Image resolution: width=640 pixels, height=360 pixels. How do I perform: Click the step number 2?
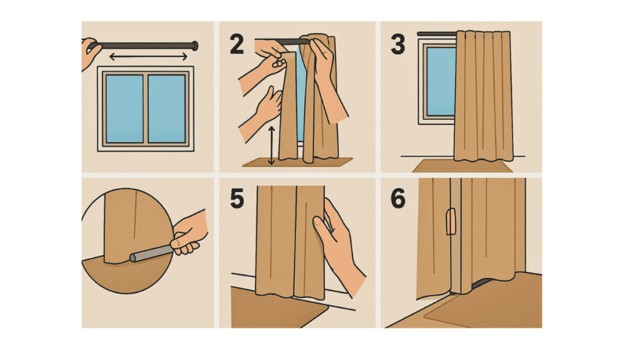tap(237, 44)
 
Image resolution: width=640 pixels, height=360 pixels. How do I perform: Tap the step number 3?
tap(398, 44)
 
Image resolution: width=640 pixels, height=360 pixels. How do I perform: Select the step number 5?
tap(237, 199)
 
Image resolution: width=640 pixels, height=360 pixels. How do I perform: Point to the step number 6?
tap(398, 199)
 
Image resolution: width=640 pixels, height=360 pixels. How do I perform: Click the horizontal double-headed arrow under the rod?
tap(148, 57)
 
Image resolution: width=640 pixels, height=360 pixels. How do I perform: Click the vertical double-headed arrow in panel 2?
tap(271, 146)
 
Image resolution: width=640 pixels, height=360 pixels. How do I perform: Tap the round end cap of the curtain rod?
tap(195, 46)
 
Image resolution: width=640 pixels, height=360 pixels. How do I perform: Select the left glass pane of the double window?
tap(124, 108)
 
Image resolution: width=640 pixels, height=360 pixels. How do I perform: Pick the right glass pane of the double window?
tap(167, 108)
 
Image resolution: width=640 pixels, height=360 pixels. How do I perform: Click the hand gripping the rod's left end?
tap(90, 52)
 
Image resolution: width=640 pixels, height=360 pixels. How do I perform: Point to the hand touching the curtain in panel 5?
tap(338, 245)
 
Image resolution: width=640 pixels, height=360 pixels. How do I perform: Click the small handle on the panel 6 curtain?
tap(451, 222)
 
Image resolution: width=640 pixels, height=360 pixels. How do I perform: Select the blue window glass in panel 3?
tap(441, 82)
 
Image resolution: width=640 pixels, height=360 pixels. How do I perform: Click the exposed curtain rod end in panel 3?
tap(436, 34)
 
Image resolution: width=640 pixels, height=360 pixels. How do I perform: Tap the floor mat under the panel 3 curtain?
tap(462, 166)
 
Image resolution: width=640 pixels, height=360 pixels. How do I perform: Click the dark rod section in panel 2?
tap(291, 42)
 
